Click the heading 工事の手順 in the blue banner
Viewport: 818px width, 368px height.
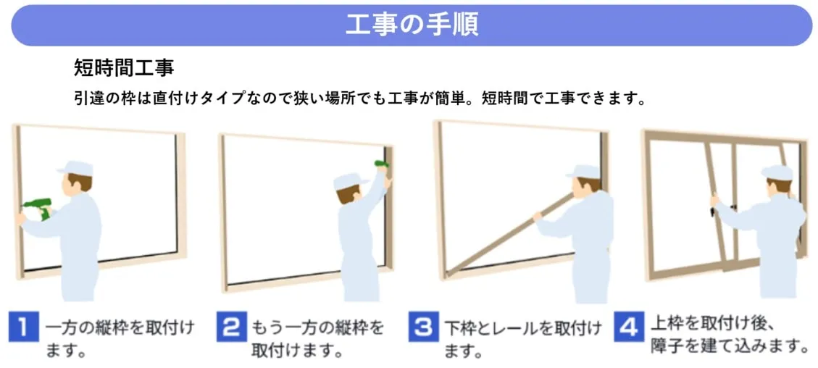pyautogui.click(x=411, y=25)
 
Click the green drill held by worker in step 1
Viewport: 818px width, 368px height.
pyautogui.click(x=37, y=209)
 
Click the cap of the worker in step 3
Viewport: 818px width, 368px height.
pyautogui.click(x=584, y=172)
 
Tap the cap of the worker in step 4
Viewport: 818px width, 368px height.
pyautogui.click(x=776, y=172)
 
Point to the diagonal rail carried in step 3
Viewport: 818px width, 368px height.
pyautogui.click(x=500, y=235)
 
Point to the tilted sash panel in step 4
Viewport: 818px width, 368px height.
pyautogui.click(x=717, y=210)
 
